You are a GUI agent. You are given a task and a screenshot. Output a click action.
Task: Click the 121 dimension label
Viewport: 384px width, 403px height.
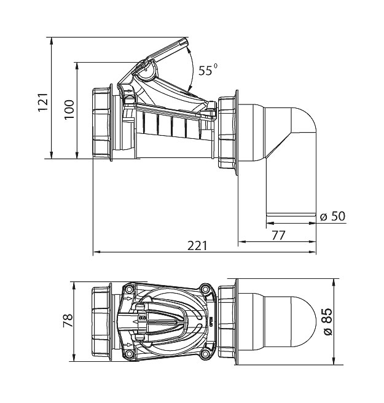coord(43,102)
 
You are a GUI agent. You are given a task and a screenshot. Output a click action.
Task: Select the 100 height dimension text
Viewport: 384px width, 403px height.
coord(69,109)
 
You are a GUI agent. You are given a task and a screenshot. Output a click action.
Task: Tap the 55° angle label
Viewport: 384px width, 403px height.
coord(208,70)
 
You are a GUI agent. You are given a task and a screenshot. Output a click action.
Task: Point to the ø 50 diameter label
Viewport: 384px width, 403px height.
coord(332,217)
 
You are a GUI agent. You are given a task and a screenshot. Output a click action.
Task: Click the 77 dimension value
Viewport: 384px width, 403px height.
coord(278,235)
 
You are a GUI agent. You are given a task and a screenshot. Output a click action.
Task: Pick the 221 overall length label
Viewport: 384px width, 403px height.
coord(197,246)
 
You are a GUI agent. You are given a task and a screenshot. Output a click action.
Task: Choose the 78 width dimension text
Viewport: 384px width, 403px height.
coord(68,320)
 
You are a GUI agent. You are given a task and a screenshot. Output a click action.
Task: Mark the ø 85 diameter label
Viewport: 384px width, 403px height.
coord(328,322)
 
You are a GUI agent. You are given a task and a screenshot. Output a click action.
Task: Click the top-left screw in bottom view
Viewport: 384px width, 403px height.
coord(129,289)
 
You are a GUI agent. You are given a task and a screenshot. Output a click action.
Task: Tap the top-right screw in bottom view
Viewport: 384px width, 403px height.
coord(205,289)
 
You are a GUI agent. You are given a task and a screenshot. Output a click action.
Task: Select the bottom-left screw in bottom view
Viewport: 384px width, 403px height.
coord(129,354)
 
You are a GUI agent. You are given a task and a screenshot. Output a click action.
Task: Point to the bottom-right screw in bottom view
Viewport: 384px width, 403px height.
coord(205,354)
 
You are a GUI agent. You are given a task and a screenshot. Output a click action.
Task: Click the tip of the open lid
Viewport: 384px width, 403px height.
coord(187,39)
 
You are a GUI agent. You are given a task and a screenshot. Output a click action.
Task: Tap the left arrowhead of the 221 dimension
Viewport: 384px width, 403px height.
coord(96,252)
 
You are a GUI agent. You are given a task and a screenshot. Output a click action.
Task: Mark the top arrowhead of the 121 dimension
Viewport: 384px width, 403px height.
coord(52,41)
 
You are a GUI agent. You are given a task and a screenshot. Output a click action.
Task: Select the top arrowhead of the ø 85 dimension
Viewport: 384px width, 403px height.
coord(334,283)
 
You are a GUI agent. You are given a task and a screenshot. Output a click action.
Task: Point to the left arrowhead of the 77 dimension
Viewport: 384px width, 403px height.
coord(242,241)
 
